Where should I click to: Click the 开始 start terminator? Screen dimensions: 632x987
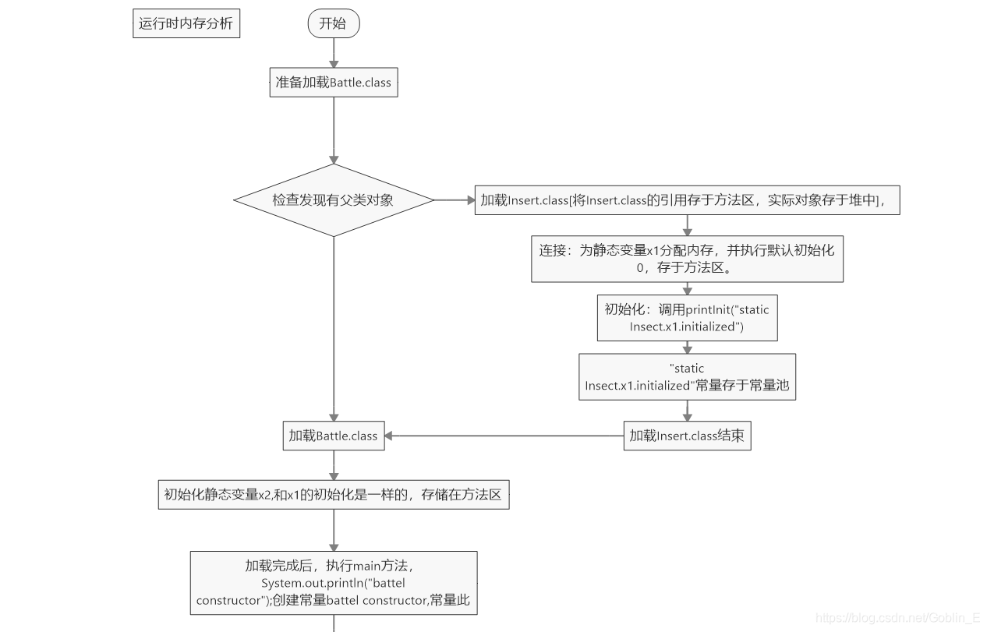point(333,23)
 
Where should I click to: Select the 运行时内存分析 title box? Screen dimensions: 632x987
point(186,23)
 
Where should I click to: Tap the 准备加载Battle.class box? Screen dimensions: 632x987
point(334,83)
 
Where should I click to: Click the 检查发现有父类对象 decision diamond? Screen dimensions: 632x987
point(334,200)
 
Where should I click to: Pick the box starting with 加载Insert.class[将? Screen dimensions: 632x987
point(687,200)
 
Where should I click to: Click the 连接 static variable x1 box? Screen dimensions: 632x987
point(687,259)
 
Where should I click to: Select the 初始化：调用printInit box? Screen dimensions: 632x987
point(687,318)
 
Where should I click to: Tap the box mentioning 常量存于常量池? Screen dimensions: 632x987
point(687,376)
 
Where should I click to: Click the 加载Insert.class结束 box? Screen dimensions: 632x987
point(687,436)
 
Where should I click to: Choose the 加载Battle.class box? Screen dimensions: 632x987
point(334,436)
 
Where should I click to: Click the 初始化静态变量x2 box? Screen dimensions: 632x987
point(334,494)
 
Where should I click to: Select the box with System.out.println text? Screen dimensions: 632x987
point(334,583)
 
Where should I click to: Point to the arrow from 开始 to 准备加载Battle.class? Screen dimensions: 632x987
point(334,52)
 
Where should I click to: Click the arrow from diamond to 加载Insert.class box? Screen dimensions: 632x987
point(455,200)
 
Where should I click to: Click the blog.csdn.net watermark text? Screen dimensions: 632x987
point(897,618)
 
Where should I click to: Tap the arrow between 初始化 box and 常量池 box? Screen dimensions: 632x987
point(687,348)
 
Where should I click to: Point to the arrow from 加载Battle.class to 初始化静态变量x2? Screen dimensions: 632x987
point(334,465)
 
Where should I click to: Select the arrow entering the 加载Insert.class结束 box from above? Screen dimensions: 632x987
point(687,411)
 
